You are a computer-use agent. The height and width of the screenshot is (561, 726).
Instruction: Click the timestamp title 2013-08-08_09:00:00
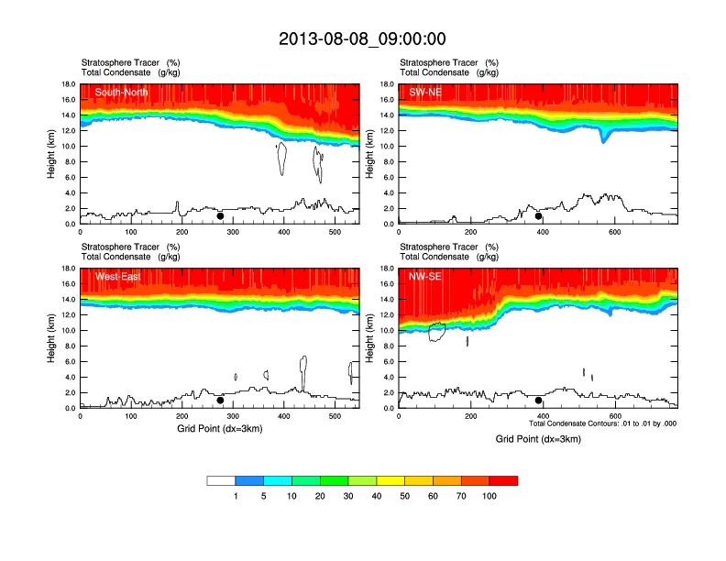(x=362, y=38)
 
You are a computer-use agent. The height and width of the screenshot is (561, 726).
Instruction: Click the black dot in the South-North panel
(x=220, y=216)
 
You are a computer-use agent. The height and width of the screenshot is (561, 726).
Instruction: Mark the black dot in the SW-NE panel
(x=539, y=216)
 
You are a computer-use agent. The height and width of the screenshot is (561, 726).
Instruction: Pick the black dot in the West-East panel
(x=220, y=401)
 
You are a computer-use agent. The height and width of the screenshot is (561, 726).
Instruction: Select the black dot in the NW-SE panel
(x=539, y=401)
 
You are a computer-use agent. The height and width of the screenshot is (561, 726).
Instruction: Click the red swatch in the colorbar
(x=503, y=480)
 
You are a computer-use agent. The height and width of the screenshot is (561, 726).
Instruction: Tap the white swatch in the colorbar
(x=221, y=480)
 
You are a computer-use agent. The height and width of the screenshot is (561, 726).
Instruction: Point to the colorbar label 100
(x=489, y=496)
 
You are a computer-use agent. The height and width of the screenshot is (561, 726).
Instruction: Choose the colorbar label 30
(x=348, y=496)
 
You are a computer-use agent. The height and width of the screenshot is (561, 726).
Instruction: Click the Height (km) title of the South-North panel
(x=52, y=154)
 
